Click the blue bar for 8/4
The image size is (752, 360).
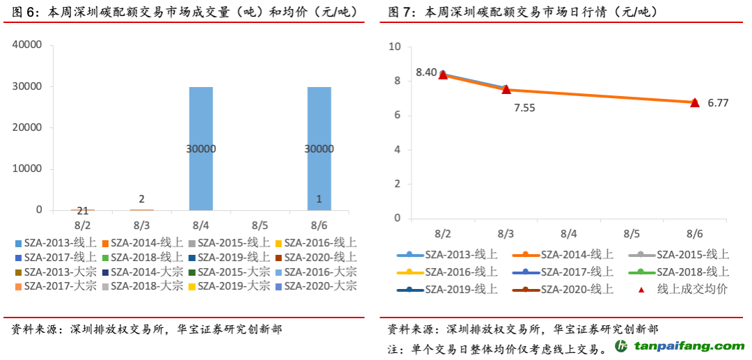pos(201,148)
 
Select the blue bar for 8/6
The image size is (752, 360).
pos(319,148)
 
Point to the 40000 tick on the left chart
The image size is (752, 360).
pos(29,45)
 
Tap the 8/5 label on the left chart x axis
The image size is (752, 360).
pos(260,226)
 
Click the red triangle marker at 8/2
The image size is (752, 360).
pos(443,75)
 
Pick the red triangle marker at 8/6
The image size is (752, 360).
pos(694,102)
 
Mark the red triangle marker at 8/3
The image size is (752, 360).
pos(506,89)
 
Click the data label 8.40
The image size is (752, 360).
pos(426,72)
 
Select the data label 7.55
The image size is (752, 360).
pos(524,108)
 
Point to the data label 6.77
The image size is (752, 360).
pos(718,103)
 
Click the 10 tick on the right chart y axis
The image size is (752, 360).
pos(396,47)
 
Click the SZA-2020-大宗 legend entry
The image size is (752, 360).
pos(315,286)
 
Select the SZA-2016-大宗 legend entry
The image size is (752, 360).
pos(315,272)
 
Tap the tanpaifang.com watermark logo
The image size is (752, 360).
pos(679,346)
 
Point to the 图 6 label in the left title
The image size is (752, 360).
pos(23,12)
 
